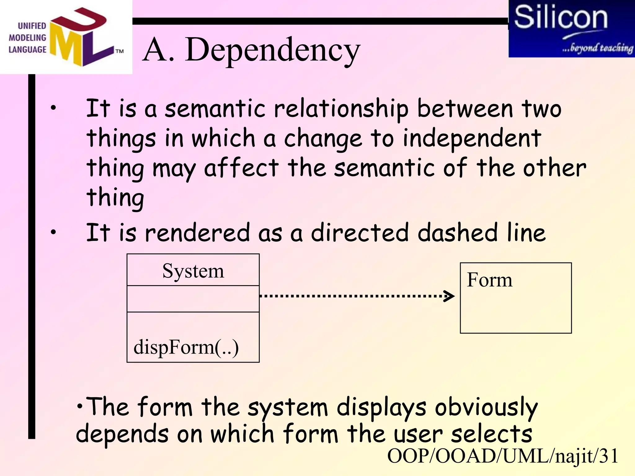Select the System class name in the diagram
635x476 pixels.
coord(193,271)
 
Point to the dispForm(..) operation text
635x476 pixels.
coord(186,347)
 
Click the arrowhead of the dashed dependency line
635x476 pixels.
coord(450,296)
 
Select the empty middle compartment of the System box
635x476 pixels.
coord(193,299)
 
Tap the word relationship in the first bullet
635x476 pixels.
coord(341,109)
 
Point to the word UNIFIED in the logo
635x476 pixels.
coord(32,26)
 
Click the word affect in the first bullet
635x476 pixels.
coord(241,168)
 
